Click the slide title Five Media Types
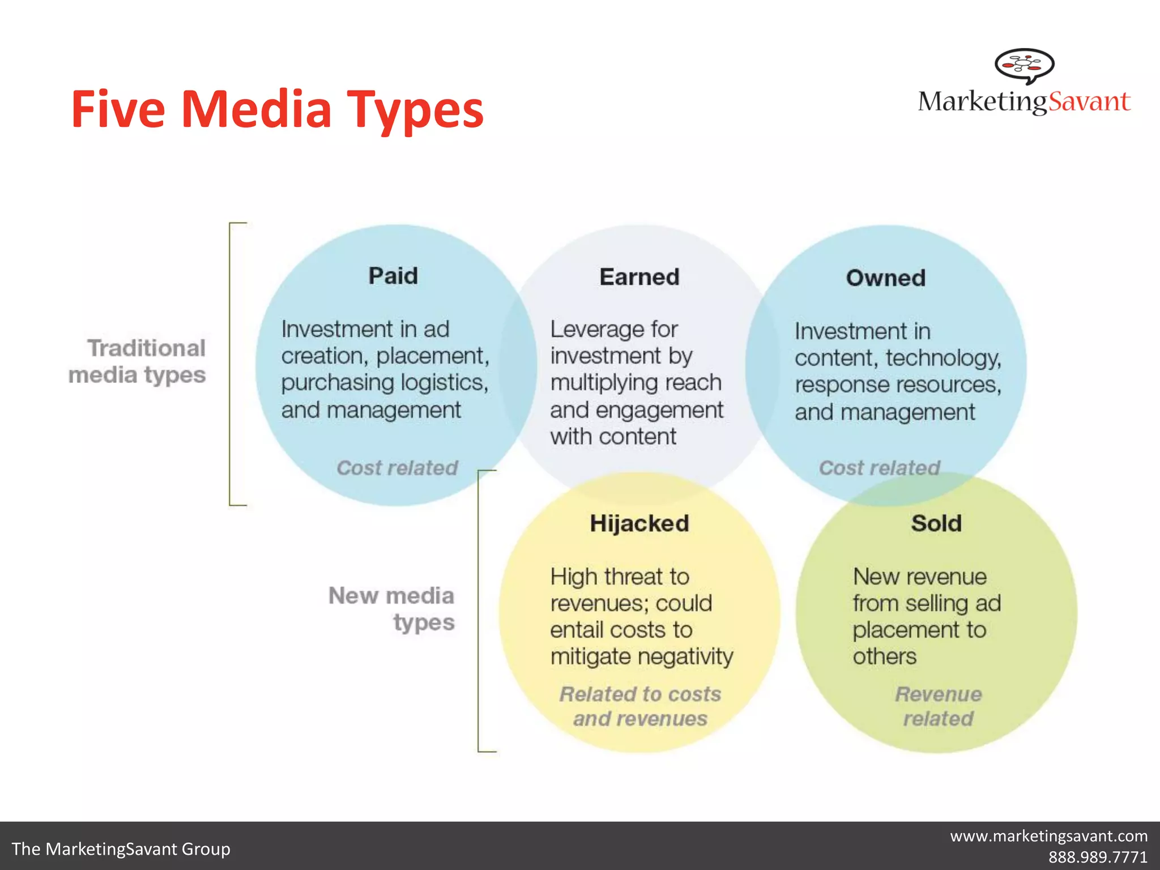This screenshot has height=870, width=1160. click(277, 109)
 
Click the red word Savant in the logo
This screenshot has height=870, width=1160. click(1089, 102)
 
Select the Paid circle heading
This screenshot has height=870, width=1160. click(393, 276)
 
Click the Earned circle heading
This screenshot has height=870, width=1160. click(639, 278)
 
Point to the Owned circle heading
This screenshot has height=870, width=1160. click(886, 278)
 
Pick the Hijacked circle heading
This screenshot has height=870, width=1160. click(639, 523)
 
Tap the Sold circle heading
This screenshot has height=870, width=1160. click(936, 523)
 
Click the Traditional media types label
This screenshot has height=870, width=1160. click(137, 361)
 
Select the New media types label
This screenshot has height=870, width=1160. click(392, 609)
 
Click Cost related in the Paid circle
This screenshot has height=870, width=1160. click(397, 468)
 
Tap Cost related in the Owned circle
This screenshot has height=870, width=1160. click(880, 468)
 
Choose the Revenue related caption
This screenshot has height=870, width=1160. click(939, 706)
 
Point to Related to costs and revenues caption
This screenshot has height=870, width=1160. click(640, 706)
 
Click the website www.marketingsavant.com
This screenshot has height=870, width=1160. click(1048, 836)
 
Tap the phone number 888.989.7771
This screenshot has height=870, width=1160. click(1098, 857)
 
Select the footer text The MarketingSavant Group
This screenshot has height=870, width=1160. click(121, 849)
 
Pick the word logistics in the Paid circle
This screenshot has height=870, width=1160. click(444, 383)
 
